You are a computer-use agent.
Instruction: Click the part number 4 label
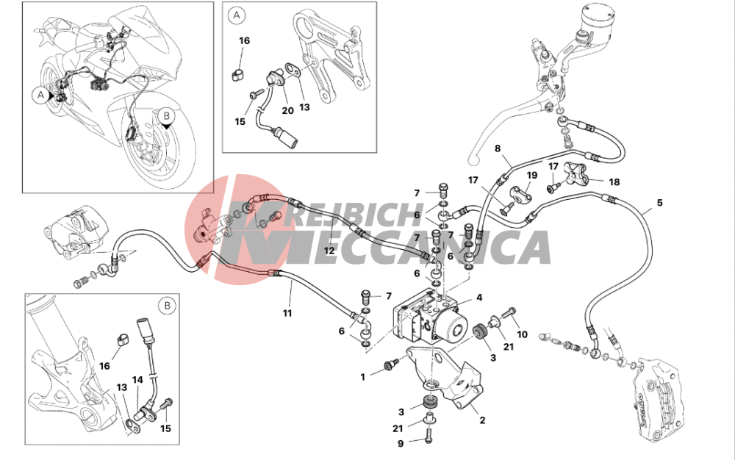[x=479, y=298]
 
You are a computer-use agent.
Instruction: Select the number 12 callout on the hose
[x=329, y=251]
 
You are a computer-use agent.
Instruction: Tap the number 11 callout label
[x=287, y=313]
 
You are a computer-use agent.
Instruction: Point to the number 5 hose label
[x=659, y=203]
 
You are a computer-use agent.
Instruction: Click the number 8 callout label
[x=498, y=148]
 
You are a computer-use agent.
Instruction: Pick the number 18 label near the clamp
[x=614, y=182]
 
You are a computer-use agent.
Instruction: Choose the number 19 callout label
[x=531, y=175]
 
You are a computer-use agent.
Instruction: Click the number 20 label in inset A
[x=287, y=110]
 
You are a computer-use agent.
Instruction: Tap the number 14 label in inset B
[x=137, y=380]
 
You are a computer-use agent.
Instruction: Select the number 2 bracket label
[x=482, y=420]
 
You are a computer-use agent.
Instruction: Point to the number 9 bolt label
[x=401, y=442]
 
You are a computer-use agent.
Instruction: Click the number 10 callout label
[x=522, y=334]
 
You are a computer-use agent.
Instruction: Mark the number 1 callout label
[x=362, y=377]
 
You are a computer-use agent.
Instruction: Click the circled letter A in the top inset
[x=236, y=15]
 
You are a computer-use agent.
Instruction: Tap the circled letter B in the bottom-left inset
[x=167, y=306]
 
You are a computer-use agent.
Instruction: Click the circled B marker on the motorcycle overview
[x=166, y=115]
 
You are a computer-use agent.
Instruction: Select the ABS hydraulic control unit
[x=431, y=316]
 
